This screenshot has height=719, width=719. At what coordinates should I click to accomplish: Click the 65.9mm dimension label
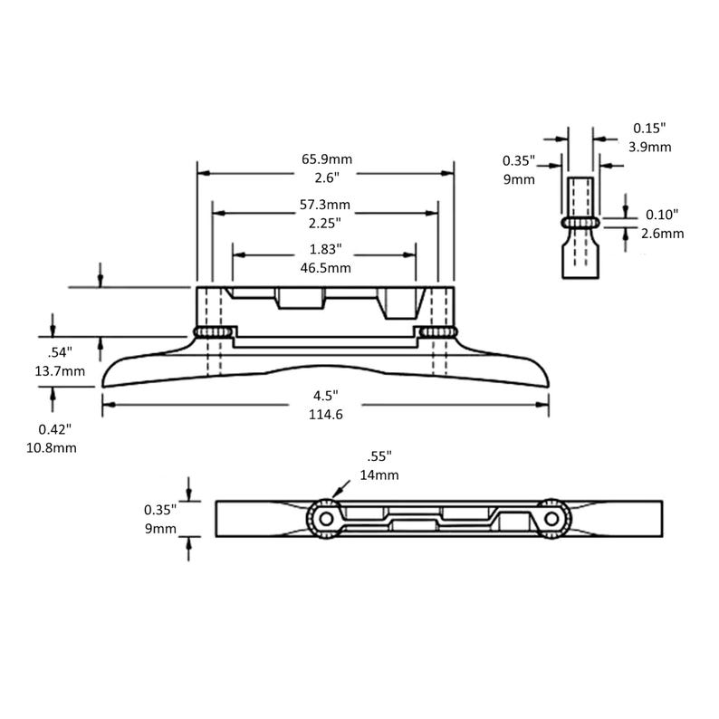(327, 159)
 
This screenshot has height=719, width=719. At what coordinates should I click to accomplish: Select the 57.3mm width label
(325, 205)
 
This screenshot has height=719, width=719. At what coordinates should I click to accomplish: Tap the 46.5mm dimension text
(326, 268)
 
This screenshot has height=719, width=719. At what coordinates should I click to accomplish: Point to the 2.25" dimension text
(325, 224)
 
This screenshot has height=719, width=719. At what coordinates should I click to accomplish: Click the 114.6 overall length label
(326, 415)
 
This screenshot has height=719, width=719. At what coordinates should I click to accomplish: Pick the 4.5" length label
(326, 395)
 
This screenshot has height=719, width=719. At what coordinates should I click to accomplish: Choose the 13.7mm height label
(60, 371)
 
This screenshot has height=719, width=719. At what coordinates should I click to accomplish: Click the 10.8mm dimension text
(52, 448)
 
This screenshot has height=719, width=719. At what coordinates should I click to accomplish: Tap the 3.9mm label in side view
(650, 148)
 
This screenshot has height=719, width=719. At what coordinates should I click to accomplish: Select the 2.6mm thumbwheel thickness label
(662, 234)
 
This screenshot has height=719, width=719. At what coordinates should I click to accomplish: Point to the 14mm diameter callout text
(379, 475)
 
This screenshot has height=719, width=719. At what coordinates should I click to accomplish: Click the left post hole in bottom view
(326, 519)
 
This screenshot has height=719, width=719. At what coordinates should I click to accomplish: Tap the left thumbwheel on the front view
(211, 331)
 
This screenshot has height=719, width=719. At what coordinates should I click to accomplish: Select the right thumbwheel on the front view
(439, 331)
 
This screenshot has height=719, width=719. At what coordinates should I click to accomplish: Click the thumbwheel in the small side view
(580, 223)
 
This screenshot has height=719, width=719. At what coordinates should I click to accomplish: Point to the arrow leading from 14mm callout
(340, 489)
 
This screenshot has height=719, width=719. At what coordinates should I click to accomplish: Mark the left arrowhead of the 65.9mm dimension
(203, 173)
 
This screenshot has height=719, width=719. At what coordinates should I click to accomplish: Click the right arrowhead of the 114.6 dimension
(543, 405)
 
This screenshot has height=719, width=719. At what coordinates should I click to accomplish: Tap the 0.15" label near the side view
(649, 128)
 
